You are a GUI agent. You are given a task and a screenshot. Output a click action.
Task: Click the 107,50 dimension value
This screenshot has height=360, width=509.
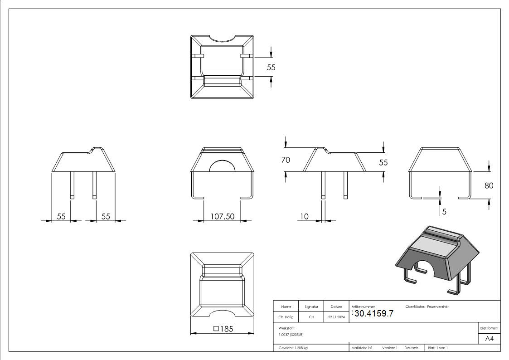(223, 216)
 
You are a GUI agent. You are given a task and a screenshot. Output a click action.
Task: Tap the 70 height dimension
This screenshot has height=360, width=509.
(286, 160)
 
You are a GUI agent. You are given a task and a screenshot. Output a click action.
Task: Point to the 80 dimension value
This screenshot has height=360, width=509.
(489, 185)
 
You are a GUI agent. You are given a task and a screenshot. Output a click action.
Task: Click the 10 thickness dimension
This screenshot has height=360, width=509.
(304, 216)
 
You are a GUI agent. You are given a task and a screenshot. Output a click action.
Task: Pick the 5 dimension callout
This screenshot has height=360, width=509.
(444, 212)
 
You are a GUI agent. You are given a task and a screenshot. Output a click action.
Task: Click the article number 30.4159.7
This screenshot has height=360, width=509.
(374, 314)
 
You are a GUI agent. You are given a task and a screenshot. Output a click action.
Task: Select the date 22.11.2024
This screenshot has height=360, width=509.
(336, 317)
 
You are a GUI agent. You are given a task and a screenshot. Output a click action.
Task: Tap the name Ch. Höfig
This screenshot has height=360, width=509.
(286, 317)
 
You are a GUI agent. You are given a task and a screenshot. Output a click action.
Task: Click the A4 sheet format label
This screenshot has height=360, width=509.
(489, 339)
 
